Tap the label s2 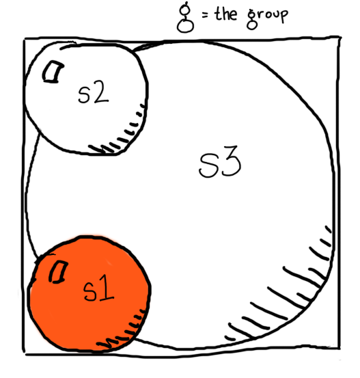click(94, 92)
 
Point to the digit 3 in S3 click(231, 161)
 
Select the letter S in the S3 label click(208, 165)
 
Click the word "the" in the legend click(226, 14)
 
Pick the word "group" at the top click(268, 18)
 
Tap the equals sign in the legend click(205, 16)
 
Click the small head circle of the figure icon click(185, 9)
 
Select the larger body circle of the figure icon click(185, 25)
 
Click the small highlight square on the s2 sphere click(53, 72)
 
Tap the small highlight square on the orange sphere click(58, 272)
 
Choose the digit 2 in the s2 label click(100, 92)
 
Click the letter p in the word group click(283, 16)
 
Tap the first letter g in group click(252, 19)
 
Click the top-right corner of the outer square click(340, 38)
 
